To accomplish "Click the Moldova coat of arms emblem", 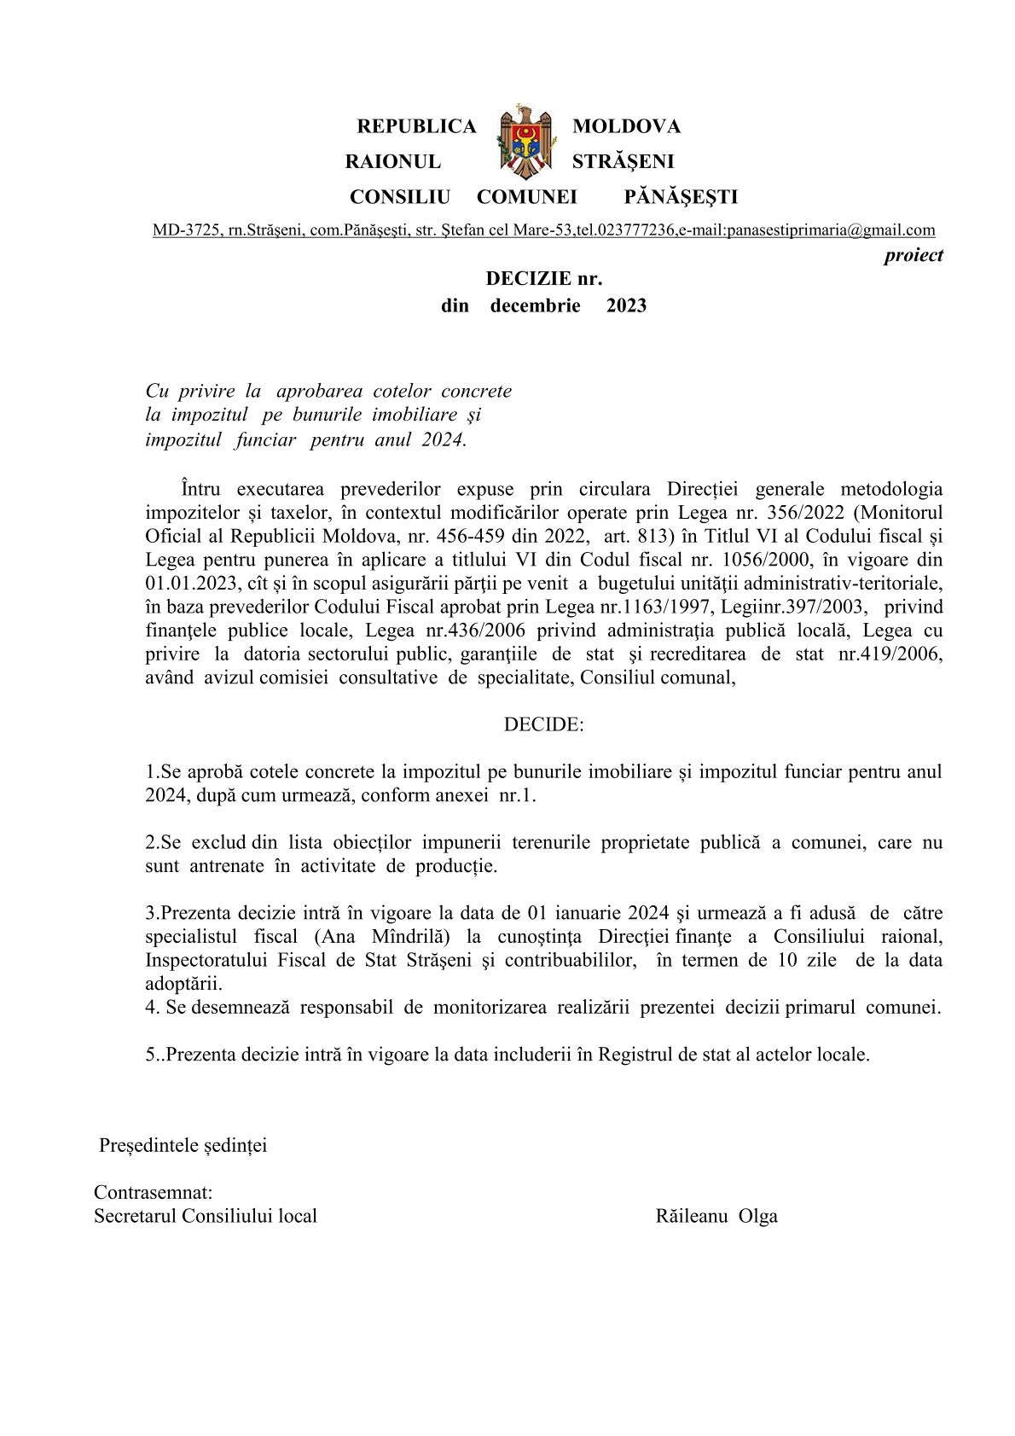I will [524, 142].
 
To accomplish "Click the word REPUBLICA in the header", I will [415, 127].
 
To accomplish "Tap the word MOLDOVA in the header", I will [626, 127].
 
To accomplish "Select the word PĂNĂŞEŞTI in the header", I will [681, 198].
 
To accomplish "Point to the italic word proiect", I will [913, 255].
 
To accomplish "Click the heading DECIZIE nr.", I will [543, 278].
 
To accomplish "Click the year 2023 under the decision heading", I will [626, 305].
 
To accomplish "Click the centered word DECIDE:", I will [543, 724].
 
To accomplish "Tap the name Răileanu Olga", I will [716, 1216].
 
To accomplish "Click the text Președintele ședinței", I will [183, 1145].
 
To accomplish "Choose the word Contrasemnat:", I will [154, 1192].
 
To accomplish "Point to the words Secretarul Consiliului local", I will [206, 1216].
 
